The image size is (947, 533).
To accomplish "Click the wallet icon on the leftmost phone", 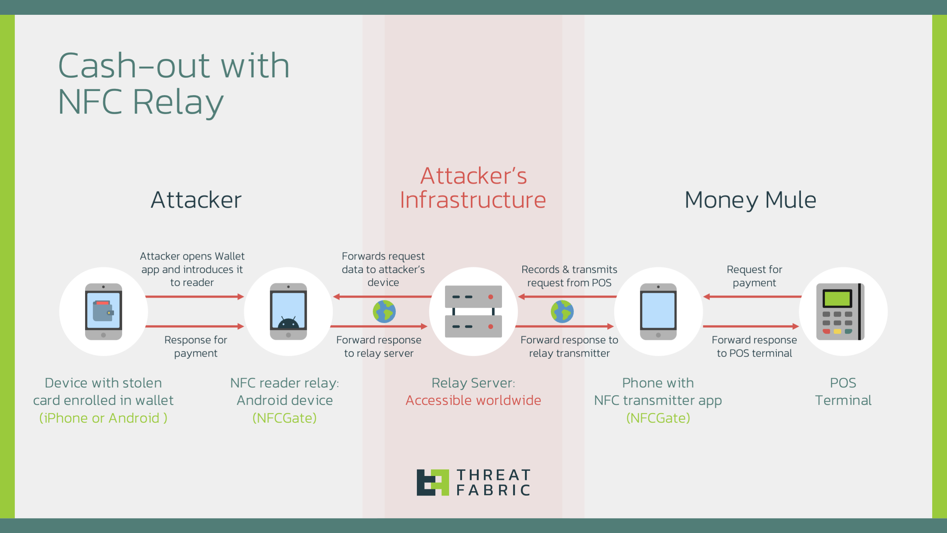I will pyautogui.click(x=102, y=311).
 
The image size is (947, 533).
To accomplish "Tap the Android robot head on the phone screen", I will pyautogui.click(x=288, y=323).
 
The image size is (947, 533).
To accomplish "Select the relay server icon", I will pyautogui.click(x=473, y=311).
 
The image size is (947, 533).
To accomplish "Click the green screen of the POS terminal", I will pyautogui.click(x=837, y=298).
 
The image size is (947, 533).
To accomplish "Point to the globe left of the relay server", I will pyautogui.click(x=384, y=311).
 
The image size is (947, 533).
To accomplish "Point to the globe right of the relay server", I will pyautogui.click(x=562, y=311).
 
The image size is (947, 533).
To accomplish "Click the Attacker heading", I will pyautogui.click(x=196, y=200).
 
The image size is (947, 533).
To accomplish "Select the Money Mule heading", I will pyautogui.click(x=750, y=200).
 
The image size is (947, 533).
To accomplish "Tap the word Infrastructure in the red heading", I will pyautogui.click(x=473, y=200).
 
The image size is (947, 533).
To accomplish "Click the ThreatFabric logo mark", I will pyautogui.click(x=432, y=482).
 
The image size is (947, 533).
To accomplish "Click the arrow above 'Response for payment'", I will pyautogui.click(x=195, y=326).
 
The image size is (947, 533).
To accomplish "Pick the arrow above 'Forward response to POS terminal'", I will pyautogui.click(x=751, y=326).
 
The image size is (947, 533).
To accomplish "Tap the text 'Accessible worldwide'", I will pyautogui.click(x=473, y=400).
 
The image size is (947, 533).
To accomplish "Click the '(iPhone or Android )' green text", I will pyautogui.click(x=103, y=418).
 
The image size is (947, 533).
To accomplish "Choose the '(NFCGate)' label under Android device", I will pyautogui.click(x=284, y=418).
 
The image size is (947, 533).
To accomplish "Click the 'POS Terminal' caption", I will pyautogui.click(x=843, y=392).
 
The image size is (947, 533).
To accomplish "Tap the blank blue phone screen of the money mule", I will pyautogui.click(x=658, y=310).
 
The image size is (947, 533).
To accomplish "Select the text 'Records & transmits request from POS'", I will pyautogui.click(x=569, y=276).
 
